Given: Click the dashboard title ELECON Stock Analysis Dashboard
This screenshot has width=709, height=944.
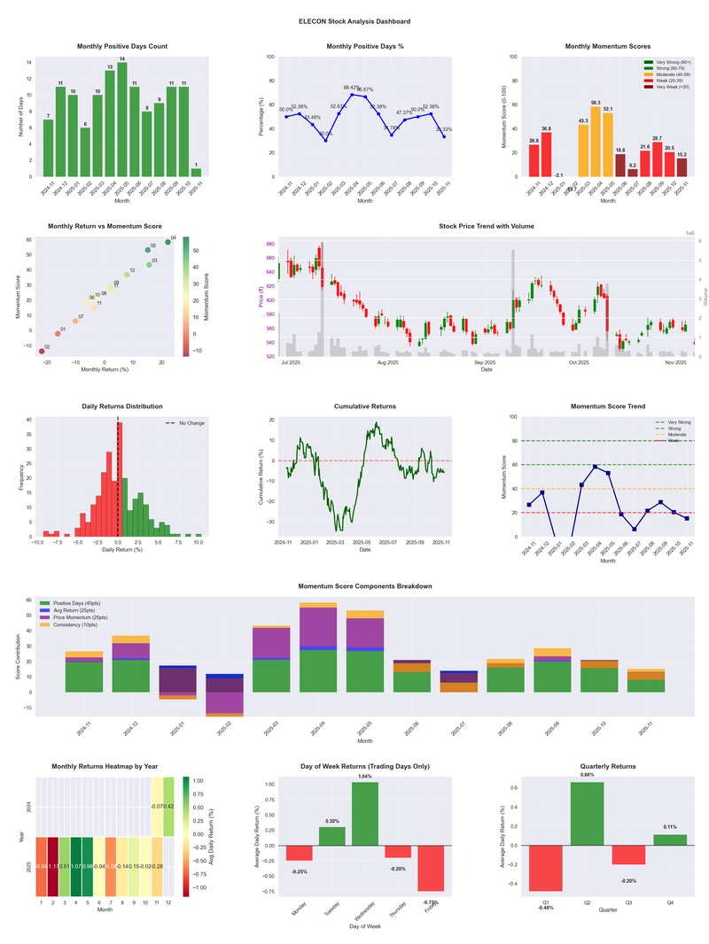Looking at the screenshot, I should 354,21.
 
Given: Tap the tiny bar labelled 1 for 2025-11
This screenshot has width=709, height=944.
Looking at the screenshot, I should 196,172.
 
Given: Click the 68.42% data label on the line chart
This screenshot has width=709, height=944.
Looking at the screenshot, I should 352,88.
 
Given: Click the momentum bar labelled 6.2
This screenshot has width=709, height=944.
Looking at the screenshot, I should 633,173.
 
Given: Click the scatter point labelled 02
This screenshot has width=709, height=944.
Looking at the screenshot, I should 41,352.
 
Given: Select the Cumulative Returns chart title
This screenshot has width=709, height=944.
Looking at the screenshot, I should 365,406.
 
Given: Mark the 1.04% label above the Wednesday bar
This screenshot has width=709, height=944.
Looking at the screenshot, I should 364,776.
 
